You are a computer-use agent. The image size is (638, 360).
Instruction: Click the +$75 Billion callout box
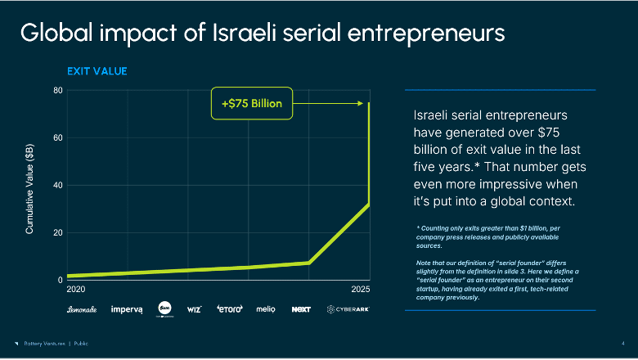pyautogui.click(x=251, y=103)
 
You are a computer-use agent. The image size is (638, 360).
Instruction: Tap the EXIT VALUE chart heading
pyautogui.click(x=97, y=71)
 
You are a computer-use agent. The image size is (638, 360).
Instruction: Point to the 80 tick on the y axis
pyautogui.click(x=58, y=90)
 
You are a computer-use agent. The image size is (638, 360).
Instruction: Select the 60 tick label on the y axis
pyautogui.click(x=58, y=137)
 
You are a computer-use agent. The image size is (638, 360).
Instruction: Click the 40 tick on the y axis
pyautogui.click(x=58, y=185)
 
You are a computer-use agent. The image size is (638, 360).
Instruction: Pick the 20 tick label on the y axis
pyautogui.click(x=58, y=232)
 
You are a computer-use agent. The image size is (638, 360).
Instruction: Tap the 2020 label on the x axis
pyautogui.click(x=75, y=290)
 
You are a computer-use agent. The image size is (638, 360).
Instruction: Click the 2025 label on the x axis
pyautogui.click(x=361, y=290)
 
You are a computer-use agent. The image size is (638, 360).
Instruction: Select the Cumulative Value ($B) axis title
pyautogui.click(x=30, y=189)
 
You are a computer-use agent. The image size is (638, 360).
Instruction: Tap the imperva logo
pyautogui.click(x=127, y=309)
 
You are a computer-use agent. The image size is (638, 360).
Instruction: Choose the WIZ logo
pyautogui.click(x=194, y=309)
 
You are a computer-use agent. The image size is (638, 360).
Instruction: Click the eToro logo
pyautogui.click(x=229, y=309)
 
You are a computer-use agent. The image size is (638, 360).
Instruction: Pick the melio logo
pyautogui.click(x=266, y=309)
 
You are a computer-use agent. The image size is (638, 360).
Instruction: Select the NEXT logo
pyautogui.click(x=301, y=309)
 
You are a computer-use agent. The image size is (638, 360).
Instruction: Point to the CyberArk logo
pyautogui.click(x=348, y=309)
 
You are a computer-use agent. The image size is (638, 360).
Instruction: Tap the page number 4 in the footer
pyautogui.click(x=624, y=343)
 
